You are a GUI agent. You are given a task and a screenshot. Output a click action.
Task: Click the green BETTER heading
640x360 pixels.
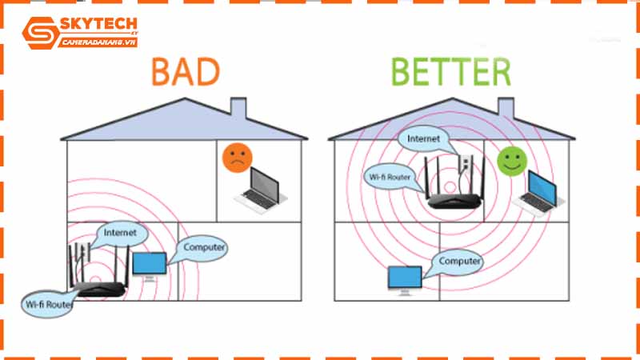[x=451, y=71]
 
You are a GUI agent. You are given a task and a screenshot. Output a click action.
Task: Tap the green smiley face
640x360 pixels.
[x=510, y=160]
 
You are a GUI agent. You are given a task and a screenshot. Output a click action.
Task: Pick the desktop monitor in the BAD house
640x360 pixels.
[x=150, y=266]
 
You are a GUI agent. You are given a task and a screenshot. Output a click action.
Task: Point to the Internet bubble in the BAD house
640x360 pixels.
[x=120, y=233]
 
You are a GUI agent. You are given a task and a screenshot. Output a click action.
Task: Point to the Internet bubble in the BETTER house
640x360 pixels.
[x=423, y=138]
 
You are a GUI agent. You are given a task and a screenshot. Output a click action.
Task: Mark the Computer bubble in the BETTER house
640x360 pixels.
[x=459, y=261]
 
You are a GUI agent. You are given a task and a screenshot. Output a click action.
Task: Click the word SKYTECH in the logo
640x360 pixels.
[x=94, y=26]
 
